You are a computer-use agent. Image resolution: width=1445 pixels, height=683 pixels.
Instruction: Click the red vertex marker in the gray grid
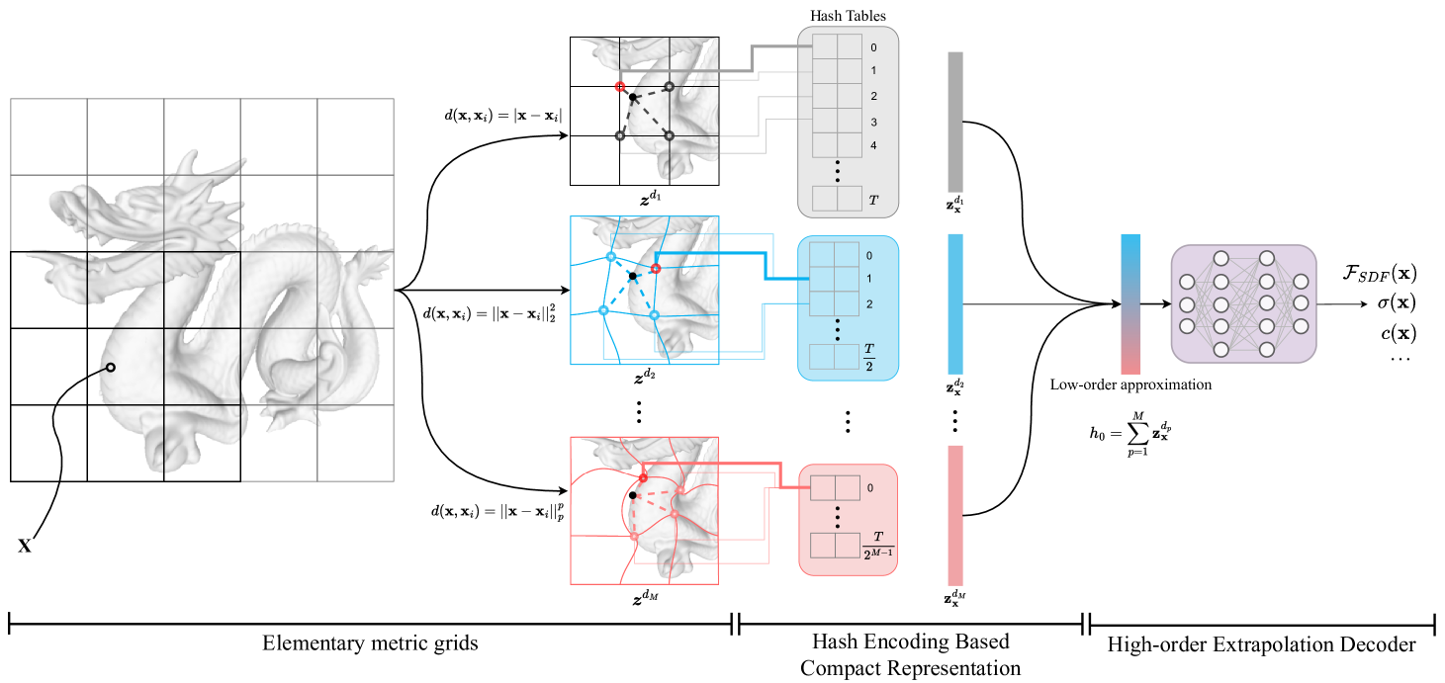coord(620,87)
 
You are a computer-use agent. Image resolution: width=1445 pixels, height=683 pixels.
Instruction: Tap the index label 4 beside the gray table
coord(873,145)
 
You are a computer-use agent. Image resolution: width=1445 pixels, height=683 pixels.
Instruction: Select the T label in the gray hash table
coord(872,200)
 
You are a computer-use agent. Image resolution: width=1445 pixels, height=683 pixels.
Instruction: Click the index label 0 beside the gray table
coord(873,47)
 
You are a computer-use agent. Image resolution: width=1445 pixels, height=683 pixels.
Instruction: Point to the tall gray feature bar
coord(955,122)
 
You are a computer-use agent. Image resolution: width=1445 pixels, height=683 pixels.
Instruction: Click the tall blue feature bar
coord(955,303)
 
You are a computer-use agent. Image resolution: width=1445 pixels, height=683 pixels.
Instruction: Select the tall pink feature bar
coord(955,515)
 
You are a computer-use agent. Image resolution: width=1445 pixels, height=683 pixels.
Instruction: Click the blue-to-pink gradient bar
coord(1130,303)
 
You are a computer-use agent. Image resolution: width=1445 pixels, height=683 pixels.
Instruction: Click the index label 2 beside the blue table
coord(869,303)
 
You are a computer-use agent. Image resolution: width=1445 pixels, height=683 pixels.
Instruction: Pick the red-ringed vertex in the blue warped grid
coord(655,269)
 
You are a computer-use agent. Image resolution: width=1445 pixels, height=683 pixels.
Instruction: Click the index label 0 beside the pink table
coord(870,487)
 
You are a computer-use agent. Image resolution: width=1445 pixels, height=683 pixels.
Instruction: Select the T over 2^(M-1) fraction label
coord(877,545)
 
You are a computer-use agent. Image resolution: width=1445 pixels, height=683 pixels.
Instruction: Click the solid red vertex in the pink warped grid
coord(643,477)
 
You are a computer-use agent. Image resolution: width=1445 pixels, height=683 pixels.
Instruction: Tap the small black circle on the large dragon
coord(111,368)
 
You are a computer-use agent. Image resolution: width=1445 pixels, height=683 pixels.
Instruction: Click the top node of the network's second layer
coord(1221,259)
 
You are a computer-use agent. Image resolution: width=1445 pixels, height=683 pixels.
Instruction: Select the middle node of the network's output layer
coord(1301,302)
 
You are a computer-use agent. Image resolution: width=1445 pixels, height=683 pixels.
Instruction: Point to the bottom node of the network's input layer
coord(1187,326)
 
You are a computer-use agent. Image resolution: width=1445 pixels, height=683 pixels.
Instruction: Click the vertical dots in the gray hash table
coord(837,172)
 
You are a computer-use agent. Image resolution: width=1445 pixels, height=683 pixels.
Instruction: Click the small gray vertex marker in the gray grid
coord(620,135)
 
